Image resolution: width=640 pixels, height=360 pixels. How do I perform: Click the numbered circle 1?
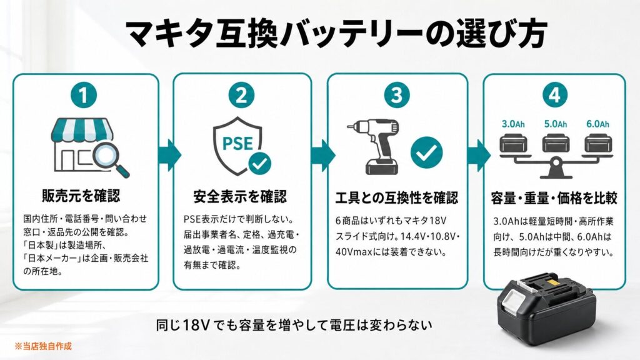click(84, 95)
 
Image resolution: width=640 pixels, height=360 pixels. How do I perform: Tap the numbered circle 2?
click(241, 95)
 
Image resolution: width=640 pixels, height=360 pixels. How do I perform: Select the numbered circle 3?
click(397, 95)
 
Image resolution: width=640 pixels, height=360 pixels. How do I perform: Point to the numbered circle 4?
click(554, 95)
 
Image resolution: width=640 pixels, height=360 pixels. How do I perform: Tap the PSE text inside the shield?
click(237, 143)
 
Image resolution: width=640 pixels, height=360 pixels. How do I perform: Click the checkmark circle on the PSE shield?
click(259, 164)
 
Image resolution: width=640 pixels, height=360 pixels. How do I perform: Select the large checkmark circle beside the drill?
click(426, 152)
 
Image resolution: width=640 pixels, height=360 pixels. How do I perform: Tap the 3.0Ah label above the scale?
click(513, 124)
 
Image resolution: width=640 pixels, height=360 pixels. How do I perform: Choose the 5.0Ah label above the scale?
click(555, 124)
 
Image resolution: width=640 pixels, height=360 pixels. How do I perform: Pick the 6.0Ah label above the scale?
click(597, 124)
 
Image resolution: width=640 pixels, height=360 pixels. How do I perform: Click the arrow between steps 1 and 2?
click(169, 155)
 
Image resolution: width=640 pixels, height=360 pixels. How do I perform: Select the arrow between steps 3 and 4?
click(479, 155)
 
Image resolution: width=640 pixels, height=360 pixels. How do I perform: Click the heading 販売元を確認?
click(81, 196)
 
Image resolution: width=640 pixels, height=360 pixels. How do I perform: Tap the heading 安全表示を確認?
click(240, 197)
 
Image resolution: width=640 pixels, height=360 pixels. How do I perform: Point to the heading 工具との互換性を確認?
click(397, 198)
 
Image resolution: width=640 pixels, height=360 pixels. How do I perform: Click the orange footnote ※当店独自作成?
click(43, 346)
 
